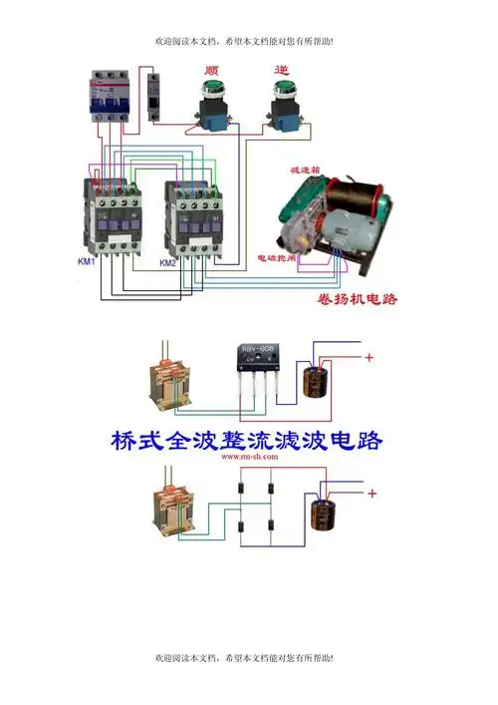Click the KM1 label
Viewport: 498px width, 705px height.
pos(87,262)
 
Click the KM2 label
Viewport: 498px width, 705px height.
pos(168,263)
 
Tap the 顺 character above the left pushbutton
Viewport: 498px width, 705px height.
pos(211,71)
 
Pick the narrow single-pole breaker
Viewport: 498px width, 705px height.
pos(152,98)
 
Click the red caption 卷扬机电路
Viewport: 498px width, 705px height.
pos(341,298)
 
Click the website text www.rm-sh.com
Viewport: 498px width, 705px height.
pos(245,456)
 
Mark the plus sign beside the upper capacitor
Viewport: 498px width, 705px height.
pos(369,357)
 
